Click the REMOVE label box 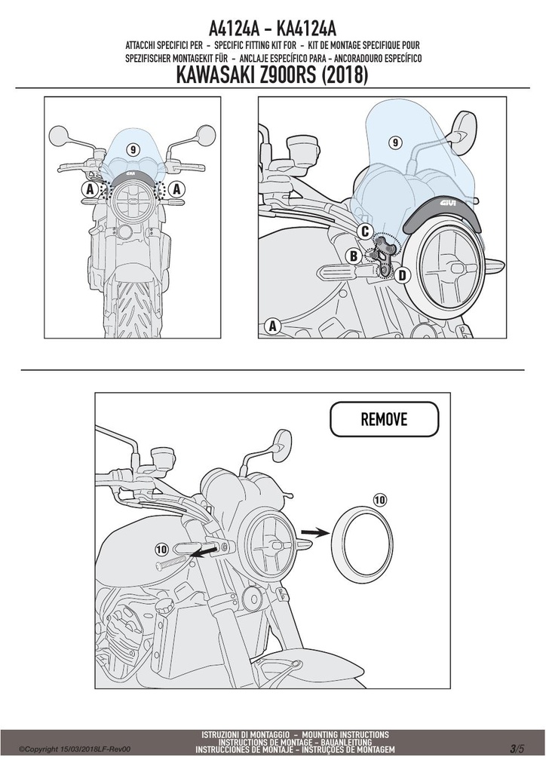384,419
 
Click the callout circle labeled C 365,231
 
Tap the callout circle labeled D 402,275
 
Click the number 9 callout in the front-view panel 133,149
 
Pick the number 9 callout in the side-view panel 395,142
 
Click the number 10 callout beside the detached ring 379,501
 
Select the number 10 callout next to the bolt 161,549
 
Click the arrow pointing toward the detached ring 314,532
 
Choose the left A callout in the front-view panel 89,188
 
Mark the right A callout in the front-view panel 176,188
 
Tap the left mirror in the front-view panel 59,134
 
